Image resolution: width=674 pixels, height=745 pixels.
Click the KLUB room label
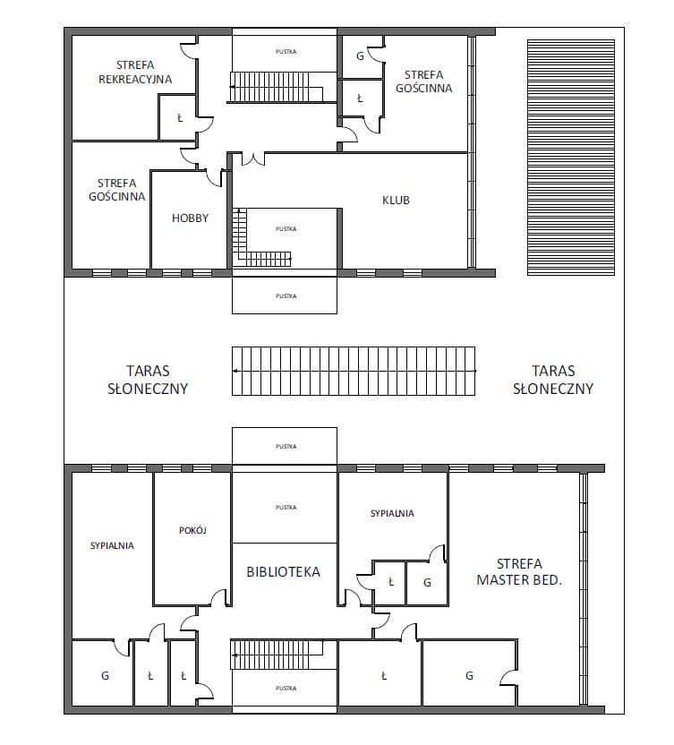[396, 200]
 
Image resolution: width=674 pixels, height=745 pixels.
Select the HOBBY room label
[190, 218]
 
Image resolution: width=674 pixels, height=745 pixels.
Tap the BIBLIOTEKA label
[283, 571]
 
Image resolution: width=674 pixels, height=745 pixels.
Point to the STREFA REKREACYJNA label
[135, 73]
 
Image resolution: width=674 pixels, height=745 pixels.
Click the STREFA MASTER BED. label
[519, 572]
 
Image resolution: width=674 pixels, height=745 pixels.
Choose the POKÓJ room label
[192, 530]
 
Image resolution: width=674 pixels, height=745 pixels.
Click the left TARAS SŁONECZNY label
[148, 380]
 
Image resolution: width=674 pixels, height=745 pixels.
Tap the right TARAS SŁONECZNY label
[553, 380]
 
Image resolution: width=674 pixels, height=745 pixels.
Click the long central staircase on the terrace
[354, 371]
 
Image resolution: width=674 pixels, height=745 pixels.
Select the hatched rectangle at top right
[571, 158]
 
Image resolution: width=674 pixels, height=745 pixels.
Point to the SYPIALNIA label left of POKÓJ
[112, 545]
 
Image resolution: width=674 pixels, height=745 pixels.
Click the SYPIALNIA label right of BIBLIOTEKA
[392, 513]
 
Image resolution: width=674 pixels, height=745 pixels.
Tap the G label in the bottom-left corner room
[105, 675]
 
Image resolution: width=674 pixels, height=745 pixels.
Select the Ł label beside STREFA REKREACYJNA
[180, 118]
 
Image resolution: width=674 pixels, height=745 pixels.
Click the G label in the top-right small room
[360, 56]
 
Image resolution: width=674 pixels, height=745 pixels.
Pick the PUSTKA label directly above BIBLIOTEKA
[286, 508]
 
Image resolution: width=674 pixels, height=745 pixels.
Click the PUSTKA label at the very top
[286, 51]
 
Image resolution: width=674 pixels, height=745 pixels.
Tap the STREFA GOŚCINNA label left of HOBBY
[117, 190]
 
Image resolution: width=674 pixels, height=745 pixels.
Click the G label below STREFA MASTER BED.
[469, 675]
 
